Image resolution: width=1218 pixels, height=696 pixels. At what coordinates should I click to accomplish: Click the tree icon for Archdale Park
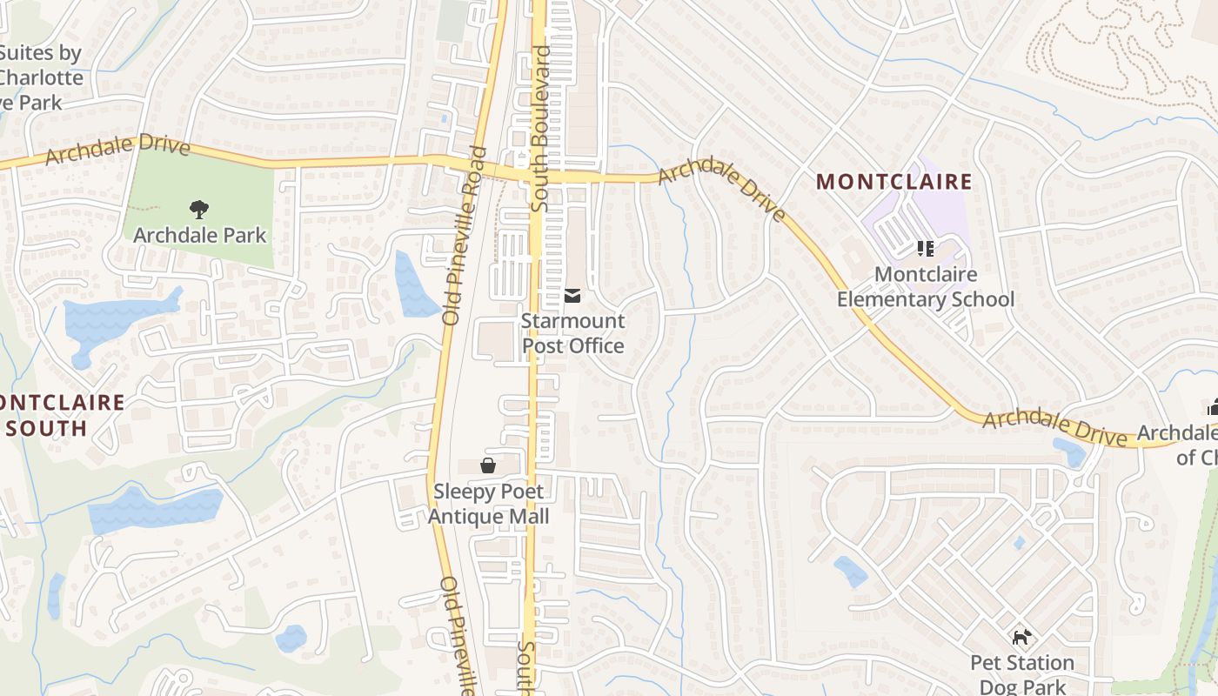click(x=199, y=209)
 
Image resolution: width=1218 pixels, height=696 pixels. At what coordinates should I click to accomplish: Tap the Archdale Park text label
click(x=200, y=235)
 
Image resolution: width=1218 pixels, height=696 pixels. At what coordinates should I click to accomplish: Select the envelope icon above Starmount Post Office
click(x=572, y=297)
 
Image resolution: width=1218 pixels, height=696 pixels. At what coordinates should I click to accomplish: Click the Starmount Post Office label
click(x=572, y=333)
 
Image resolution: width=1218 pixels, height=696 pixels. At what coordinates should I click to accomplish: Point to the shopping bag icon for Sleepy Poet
click(x=488, y=466)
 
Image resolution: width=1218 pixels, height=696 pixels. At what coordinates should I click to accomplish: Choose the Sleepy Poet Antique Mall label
click(x=488, y=504)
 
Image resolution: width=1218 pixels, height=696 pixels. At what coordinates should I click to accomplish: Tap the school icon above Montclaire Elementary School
click(x=925, y=250)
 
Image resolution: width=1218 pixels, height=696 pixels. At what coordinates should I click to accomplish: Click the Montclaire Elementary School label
click(x=925, y=287)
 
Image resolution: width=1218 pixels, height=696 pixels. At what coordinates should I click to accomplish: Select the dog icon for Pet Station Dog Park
click(x=1021, y=638)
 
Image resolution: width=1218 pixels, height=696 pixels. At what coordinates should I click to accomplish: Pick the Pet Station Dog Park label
click(x=1022, y=674)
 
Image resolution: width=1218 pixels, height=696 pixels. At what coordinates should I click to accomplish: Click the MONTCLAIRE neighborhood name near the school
click(x=893, y=182)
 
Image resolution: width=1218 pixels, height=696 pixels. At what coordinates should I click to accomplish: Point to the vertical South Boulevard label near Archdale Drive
click(x=541, y=129)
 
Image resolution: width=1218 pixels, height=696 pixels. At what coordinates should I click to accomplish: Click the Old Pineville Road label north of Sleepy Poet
click(x=464, y=235)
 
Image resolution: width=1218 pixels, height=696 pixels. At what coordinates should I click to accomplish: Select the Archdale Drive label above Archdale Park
click(x=117, y=150)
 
